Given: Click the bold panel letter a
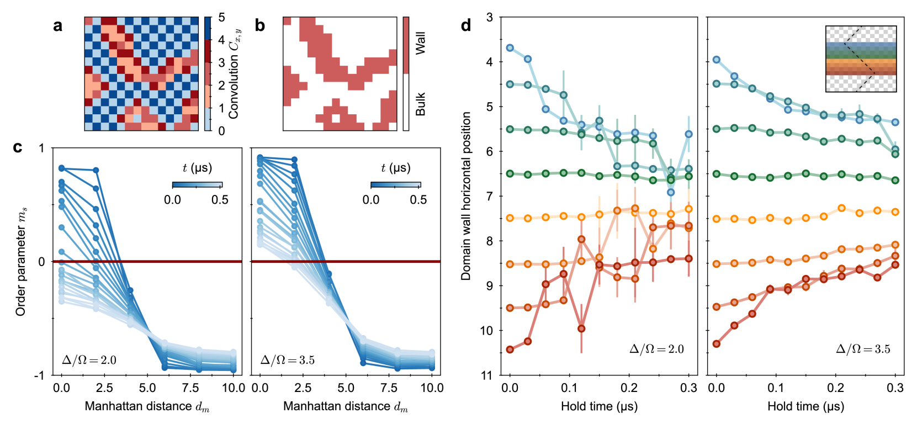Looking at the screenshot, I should coord(57,25).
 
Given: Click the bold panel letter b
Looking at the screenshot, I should coord(259,25).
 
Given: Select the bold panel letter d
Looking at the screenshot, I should coord(466,25).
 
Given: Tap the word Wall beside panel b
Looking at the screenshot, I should coord(421,43).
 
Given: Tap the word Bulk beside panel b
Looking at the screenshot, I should coord(421,104).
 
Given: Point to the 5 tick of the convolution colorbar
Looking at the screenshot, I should coord(221,18).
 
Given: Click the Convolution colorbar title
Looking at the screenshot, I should coord(234,74).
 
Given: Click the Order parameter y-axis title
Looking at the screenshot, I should coord(21,261).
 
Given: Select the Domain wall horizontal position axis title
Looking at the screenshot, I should coord(466,196).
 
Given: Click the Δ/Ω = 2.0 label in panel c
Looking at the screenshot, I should coord(89,361).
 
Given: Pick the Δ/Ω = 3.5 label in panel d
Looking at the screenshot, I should coord(863,349).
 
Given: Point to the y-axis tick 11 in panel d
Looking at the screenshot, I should coord(486,375).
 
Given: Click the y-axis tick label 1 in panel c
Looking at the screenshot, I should coord(41,149).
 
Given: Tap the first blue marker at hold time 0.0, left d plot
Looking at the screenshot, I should coord(510,48).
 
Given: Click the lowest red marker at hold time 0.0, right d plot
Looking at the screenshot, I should coord(717,343).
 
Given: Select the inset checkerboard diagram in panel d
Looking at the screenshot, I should coord(861,59).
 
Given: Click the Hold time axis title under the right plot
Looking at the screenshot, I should coord(805,407).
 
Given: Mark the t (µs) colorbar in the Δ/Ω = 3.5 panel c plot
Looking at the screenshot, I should coord(395,185).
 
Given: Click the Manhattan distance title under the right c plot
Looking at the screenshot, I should coord(346,407).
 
